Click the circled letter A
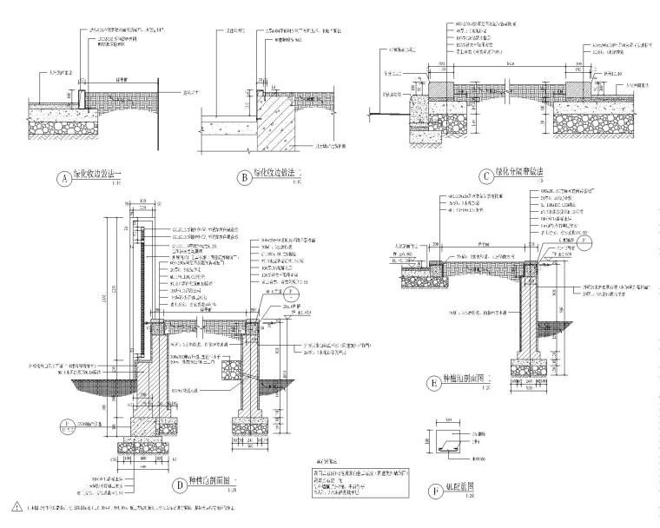click(63, 179)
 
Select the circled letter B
click(246, 178)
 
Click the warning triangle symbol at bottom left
click(16, 506)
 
